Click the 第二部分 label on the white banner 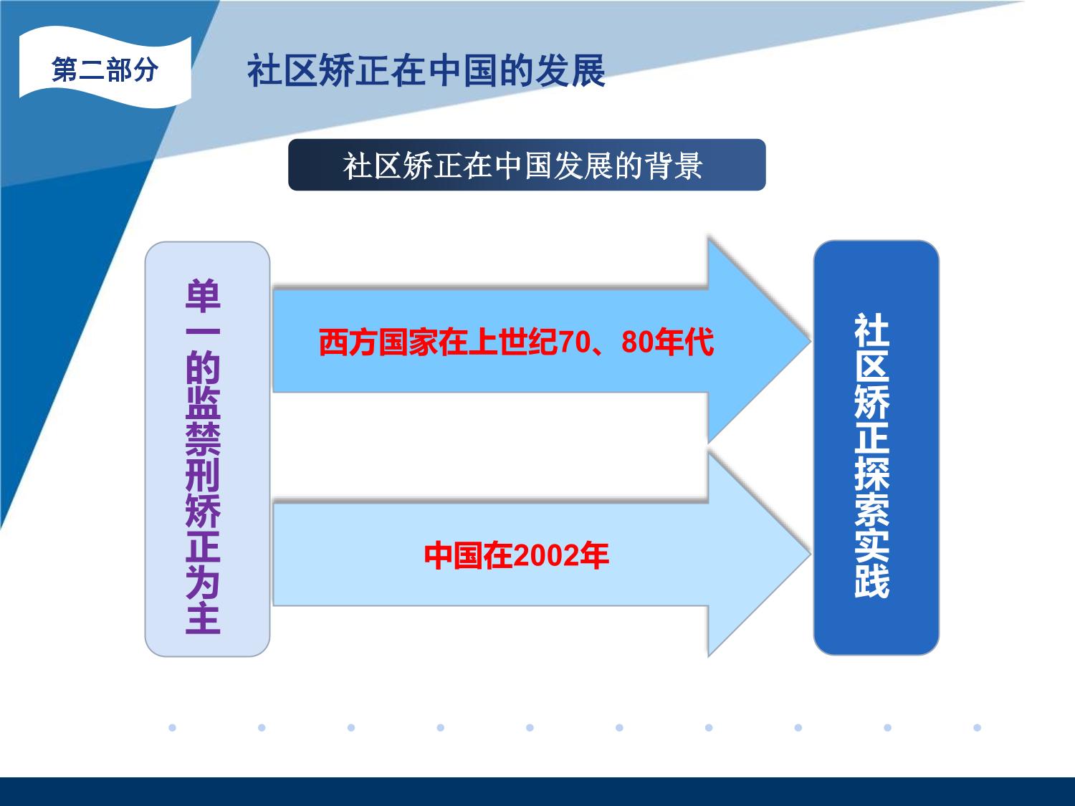105,69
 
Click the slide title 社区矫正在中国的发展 426,71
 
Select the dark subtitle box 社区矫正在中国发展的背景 527,165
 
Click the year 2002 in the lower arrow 545,556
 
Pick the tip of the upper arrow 811,341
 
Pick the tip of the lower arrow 811,554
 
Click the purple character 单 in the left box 203,296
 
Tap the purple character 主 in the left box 203,618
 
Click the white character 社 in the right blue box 871,330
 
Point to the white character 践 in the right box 871,581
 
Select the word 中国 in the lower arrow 454,556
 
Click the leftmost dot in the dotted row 173,728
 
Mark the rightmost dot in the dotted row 977,728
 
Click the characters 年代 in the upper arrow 684,342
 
